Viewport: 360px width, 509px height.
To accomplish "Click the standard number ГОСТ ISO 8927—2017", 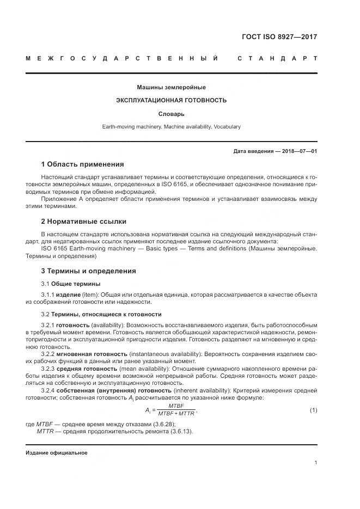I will pos(279,38).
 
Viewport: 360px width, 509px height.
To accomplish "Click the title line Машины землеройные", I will pos(171,87).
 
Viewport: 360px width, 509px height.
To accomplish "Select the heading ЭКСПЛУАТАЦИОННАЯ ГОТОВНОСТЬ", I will pos(171,100).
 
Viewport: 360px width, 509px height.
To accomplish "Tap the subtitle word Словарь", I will pos(171,114).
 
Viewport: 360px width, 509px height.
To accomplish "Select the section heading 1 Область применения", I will pos(82,164).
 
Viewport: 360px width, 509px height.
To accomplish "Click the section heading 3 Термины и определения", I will pos(88,271).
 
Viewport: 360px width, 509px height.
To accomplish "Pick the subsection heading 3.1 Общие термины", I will pos(70,284).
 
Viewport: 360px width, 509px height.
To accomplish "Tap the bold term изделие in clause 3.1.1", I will pos(68,295).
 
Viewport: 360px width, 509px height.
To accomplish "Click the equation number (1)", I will pos(313,409).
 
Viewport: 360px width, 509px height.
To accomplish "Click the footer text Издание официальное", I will pos(56,453).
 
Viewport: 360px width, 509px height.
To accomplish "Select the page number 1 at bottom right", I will pos(315,463).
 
